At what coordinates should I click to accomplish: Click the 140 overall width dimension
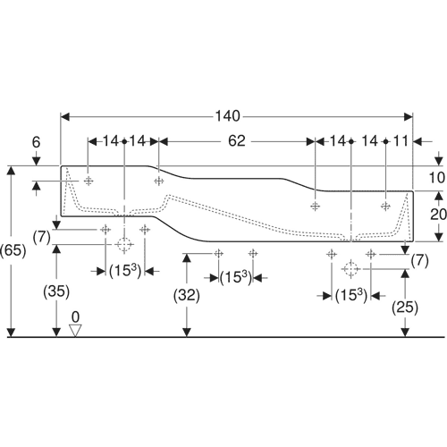[x=228, y=116]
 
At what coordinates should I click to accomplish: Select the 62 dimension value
[x=237, y=141]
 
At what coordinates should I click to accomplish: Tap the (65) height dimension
[x=13, y=250]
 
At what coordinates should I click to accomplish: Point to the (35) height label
[x=56, y=291]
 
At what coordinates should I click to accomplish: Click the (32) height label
[x=187, y=295]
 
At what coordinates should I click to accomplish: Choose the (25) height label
[x=405, y=308]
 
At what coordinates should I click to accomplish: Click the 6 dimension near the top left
[x=36, y=142]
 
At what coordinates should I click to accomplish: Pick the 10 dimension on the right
[x=437, y=178]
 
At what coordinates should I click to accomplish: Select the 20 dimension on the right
[x=438, y=215]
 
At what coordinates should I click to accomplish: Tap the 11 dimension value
[x=401, y=141]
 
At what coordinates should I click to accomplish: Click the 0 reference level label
[x=76, y=316]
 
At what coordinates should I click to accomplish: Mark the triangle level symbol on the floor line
[x=75, y=331]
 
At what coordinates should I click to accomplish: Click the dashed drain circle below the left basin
[x=124, y=244]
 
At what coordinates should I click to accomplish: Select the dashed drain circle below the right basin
[x=351, y=269]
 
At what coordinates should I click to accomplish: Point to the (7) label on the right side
[x=420, y=261]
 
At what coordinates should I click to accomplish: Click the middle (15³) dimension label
[x=236, y=278]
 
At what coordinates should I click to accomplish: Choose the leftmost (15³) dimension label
[x=125, y=271]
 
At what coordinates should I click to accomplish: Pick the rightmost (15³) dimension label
[x=351, y=296]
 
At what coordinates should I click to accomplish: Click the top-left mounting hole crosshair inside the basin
[x=89, y=181]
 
